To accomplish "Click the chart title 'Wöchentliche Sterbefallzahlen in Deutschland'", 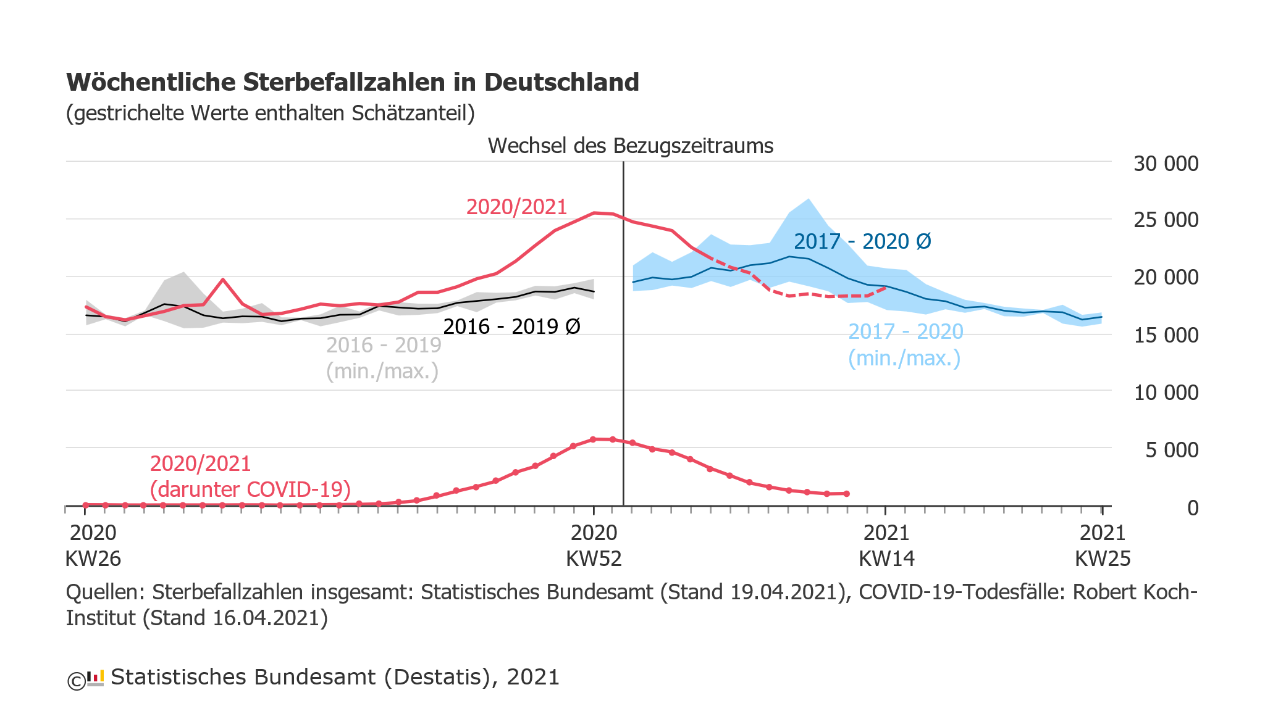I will coord(352,83).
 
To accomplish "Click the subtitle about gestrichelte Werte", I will coord(270,114).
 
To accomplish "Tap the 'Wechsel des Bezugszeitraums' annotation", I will coord(630,146).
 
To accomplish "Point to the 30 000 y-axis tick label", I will coord(1166,164).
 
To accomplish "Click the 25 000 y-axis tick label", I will coord(1166,220).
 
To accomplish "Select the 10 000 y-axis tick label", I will coord(1166,393).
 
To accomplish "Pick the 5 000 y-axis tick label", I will coord(1171,451).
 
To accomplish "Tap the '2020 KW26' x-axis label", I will coord(93,546).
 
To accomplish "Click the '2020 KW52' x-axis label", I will coord(594,546).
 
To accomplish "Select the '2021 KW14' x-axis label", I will coord(886,546).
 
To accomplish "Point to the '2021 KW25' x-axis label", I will coord(1103,546).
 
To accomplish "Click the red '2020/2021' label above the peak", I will coord(516,207).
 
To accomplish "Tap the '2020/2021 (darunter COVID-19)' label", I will coord(250,476).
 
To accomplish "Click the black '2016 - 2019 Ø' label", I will coord(511,326).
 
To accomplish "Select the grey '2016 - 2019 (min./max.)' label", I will coord(383,358).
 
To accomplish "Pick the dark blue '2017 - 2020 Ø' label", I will coord(862,241).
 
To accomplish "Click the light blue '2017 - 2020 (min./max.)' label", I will coord(905,344).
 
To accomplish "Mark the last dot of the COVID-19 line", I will coord(847,494).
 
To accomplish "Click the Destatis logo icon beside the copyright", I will coord(95,678).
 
